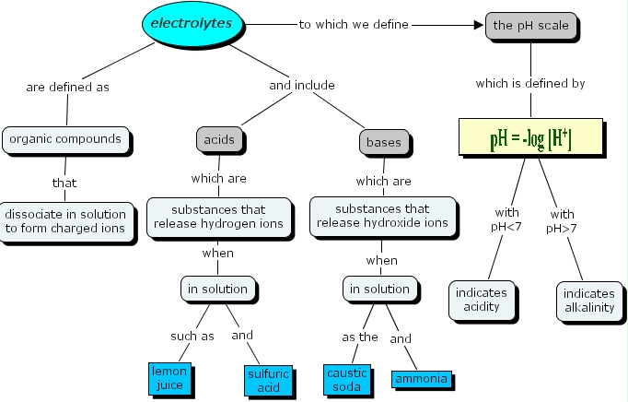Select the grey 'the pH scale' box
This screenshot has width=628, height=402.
(529, 26)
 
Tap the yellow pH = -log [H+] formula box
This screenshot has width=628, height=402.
(529, 136)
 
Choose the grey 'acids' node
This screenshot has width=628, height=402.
(218, 140)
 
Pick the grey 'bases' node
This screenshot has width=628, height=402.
(383, 143)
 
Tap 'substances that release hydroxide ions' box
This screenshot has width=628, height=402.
(382, 216)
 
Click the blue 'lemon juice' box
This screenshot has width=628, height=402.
(169, 377)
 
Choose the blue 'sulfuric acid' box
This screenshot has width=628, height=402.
(267, 380)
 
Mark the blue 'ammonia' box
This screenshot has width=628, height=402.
(422, 379)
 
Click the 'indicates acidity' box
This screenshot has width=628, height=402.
(480, 300)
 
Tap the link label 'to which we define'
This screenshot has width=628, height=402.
(354, 25)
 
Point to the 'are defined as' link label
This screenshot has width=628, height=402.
(67, 87)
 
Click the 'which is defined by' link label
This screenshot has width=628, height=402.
(529, 83)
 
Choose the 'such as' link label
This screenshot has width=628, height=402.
(192, 336)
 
